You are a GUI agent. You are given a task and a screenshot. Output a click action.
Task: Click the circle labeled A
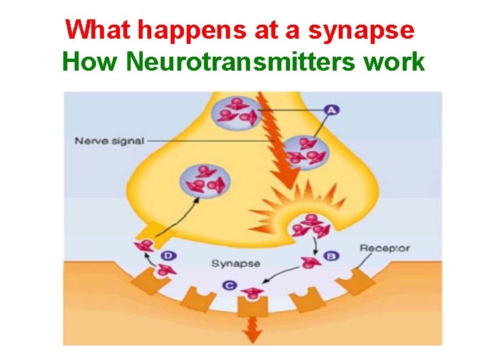tap(331, 110)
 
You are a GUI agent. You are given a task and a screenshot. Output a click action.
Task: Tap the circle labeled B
tap(331, 255)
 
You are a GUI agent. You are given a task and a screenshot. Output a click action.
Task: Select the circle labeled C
tap(229, 285)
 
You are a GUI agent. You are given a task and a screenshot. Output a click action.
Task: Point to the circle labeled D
tap(170, 255)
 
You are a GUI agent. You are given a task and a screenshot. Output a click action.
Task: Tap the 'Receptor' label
tap(385, 249)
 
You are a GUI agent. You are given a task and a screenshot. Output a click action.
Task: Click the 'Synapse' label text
tap(235, 263)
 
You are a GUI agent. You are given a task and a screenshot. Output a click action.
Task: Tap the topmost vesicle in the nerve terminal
tap(237, 111)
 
